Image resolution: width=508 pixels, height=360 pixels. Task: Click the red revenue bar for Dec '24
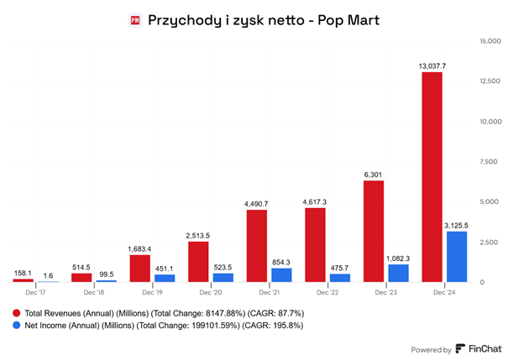coord(432,177)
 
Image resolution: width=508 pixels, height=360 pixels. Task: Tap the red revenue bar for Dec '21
coord(257,246)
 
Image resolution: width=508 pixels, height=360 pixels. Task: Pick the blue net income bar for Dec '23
coord(398,274)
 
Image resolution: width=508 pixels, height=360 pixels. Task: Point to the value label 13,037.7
coord(432,65)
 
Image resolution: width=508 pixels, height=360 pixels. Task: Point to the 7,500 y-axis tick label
coord(489,162)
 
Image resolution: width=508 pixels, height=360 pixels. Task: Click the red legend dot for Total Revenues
coord(16,310)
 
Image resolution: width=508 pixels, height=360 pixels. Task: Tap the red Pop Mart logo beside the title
coord(136,18)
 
